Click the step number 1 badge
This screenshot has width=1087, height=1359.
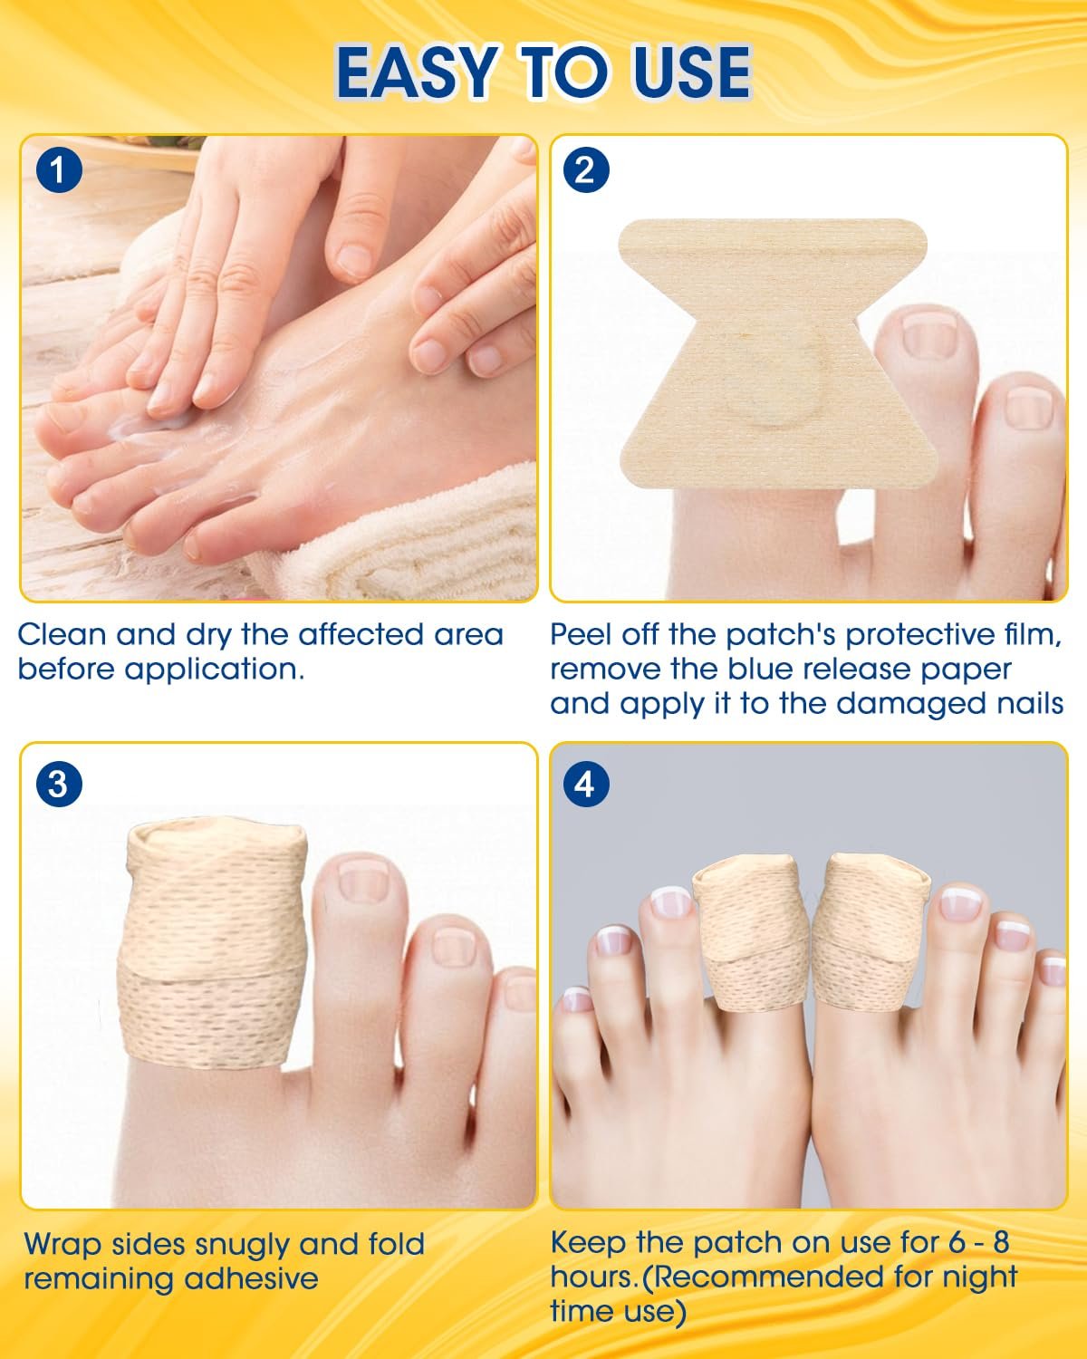pyautogui.click(x=60, y=170)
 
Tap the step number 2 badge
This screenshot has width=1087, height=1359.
pyautogui.click(x=585, y=170)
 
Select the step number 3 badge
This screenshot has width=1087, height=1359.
pyautogui.click(x=60, y=784)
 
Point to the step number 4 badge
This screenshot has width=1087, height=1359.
pyautogui.click(x=585, y=784)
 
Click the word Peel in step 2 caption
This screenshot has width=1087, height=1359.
pyautogui.click(x=581, y=635)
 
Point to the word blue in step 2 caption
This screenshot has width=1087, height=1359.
pyautogui.click(x=760, y=670)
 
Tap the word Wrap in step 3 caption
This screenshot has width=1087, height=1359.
pyautogui.click(x=63, y=1245)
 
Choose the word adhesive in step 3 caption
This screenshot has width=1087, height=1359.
pyautogui.click(x=251, y=1279)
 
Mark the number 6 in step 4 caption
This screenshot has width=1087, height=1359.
pyautogui.click(x=957, y=1242)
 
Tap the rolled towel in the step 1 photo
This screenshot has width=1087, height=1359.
pyautogui.click(x=404, y=543)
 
